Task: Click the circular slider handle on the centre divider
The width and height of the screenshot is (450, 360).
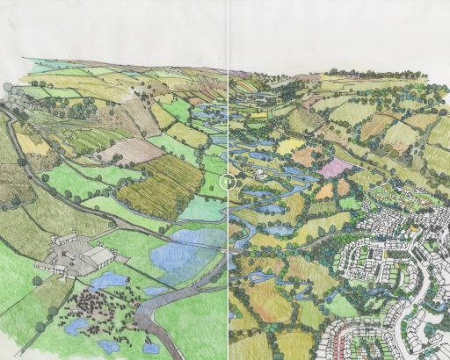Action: tap(228, 182)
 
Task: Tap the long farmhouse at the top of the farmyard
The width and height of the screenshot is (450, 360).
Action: tap(66, 238)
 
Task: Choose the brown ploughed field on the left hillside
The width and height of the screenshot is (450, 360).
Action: tap(132, 150)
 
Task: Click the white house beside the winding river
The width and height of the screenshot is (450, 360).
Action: tap(261, 174)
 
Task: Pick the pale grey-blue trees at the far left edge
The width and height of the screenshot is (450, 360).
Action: tap(7, 89)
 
